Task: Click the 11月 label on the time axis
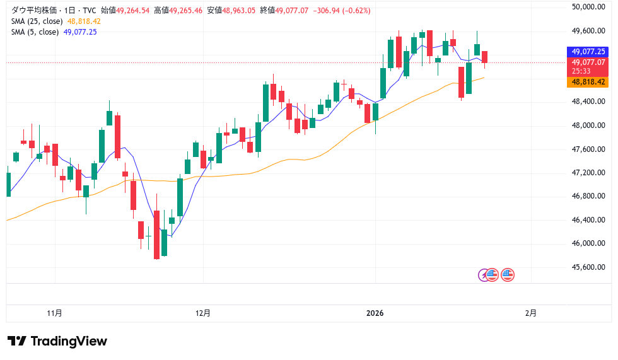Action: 55,313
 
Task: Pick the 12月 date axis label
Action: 203,313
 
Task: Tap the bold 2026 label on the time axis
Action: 375,313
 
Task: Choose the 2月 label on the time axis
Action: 531,313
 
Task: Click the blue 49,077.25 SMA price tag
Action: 588,52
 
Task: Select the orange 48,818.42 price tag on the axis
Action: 588,82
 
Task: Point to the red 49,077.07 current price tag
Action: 588,62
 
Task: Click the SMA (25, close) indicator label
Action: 35,21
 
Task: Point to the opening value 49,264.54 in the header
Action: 133,10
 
